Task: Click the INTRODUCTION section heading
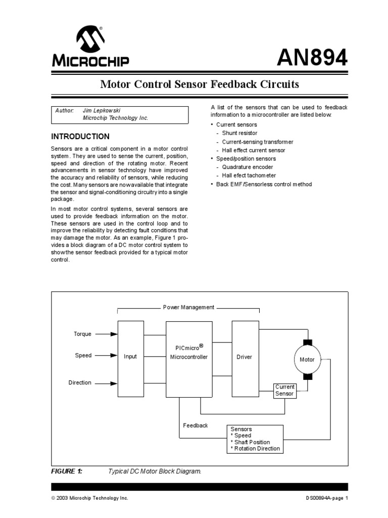[x=80, y=137]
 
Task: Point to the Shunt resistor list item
[x=239, y=133]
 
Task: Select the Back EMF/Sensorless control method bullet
[x=264, y=184]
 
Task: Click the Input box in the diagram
[x=130, y=358]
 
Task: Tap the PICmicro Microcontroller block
[x=189, y=358]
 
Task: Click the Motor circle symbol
[x=307, y=360]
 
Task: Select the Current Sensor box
[x=284, y=391]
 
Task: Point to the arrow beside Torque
[x=107, y=334]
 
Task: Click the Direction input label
[x=80, y=383]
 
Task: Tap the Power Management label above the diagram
[x=188, y=308]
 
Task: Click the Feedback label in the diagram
[x=195, y=425]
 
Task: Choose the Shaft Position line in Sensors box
[x=251, y=442]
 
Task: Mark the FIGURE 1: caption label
[x=66, y=471]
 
